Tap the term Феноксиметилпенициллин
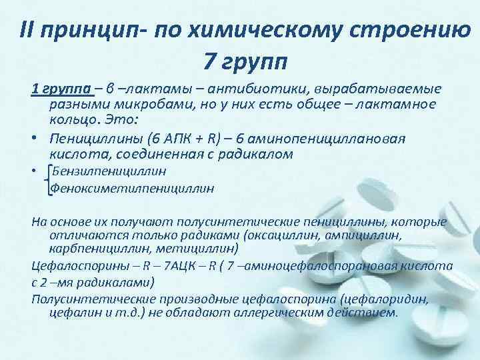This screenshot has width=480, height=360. [133, 188]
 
